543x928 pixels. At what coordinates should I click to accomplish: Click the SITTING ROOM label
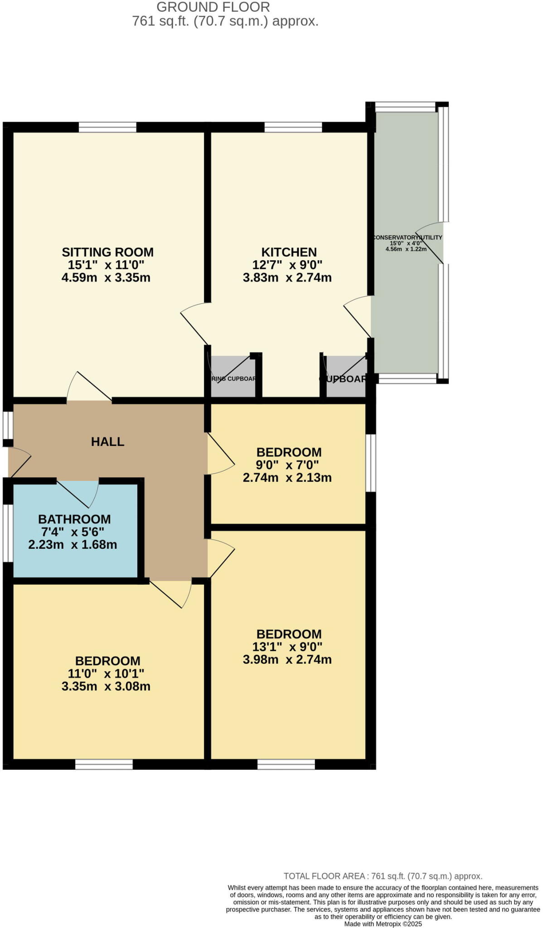(107, 252)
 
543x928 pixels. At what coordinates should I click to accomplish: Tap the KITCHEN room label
(289, 252)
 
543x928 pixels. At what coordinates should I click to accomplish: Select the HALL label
(107, 441)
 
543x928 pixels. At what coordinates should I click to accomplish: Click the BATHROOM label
(74, 519)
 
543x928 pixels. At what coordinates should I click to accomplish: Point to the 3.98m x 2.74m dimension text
(287, 659)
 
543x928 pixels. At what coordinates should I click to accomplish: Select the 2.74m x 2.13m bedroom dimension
(287, 478)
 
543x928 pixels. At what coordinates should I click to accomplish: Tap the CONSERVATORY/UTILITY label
(407, 237)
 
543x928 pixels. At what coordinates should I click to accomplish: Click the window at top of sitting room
(107, 127)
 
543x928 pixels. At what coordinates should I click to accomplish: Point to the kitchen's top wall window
(293, 127)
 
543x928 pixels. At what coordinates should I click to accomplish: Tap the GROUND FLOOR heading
(213, 7)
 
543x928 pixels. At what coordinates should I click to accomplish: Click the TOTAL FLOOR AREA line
(383, 876)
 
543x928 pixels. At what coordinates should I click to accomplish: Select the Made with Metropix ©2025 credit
(383, 923)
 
